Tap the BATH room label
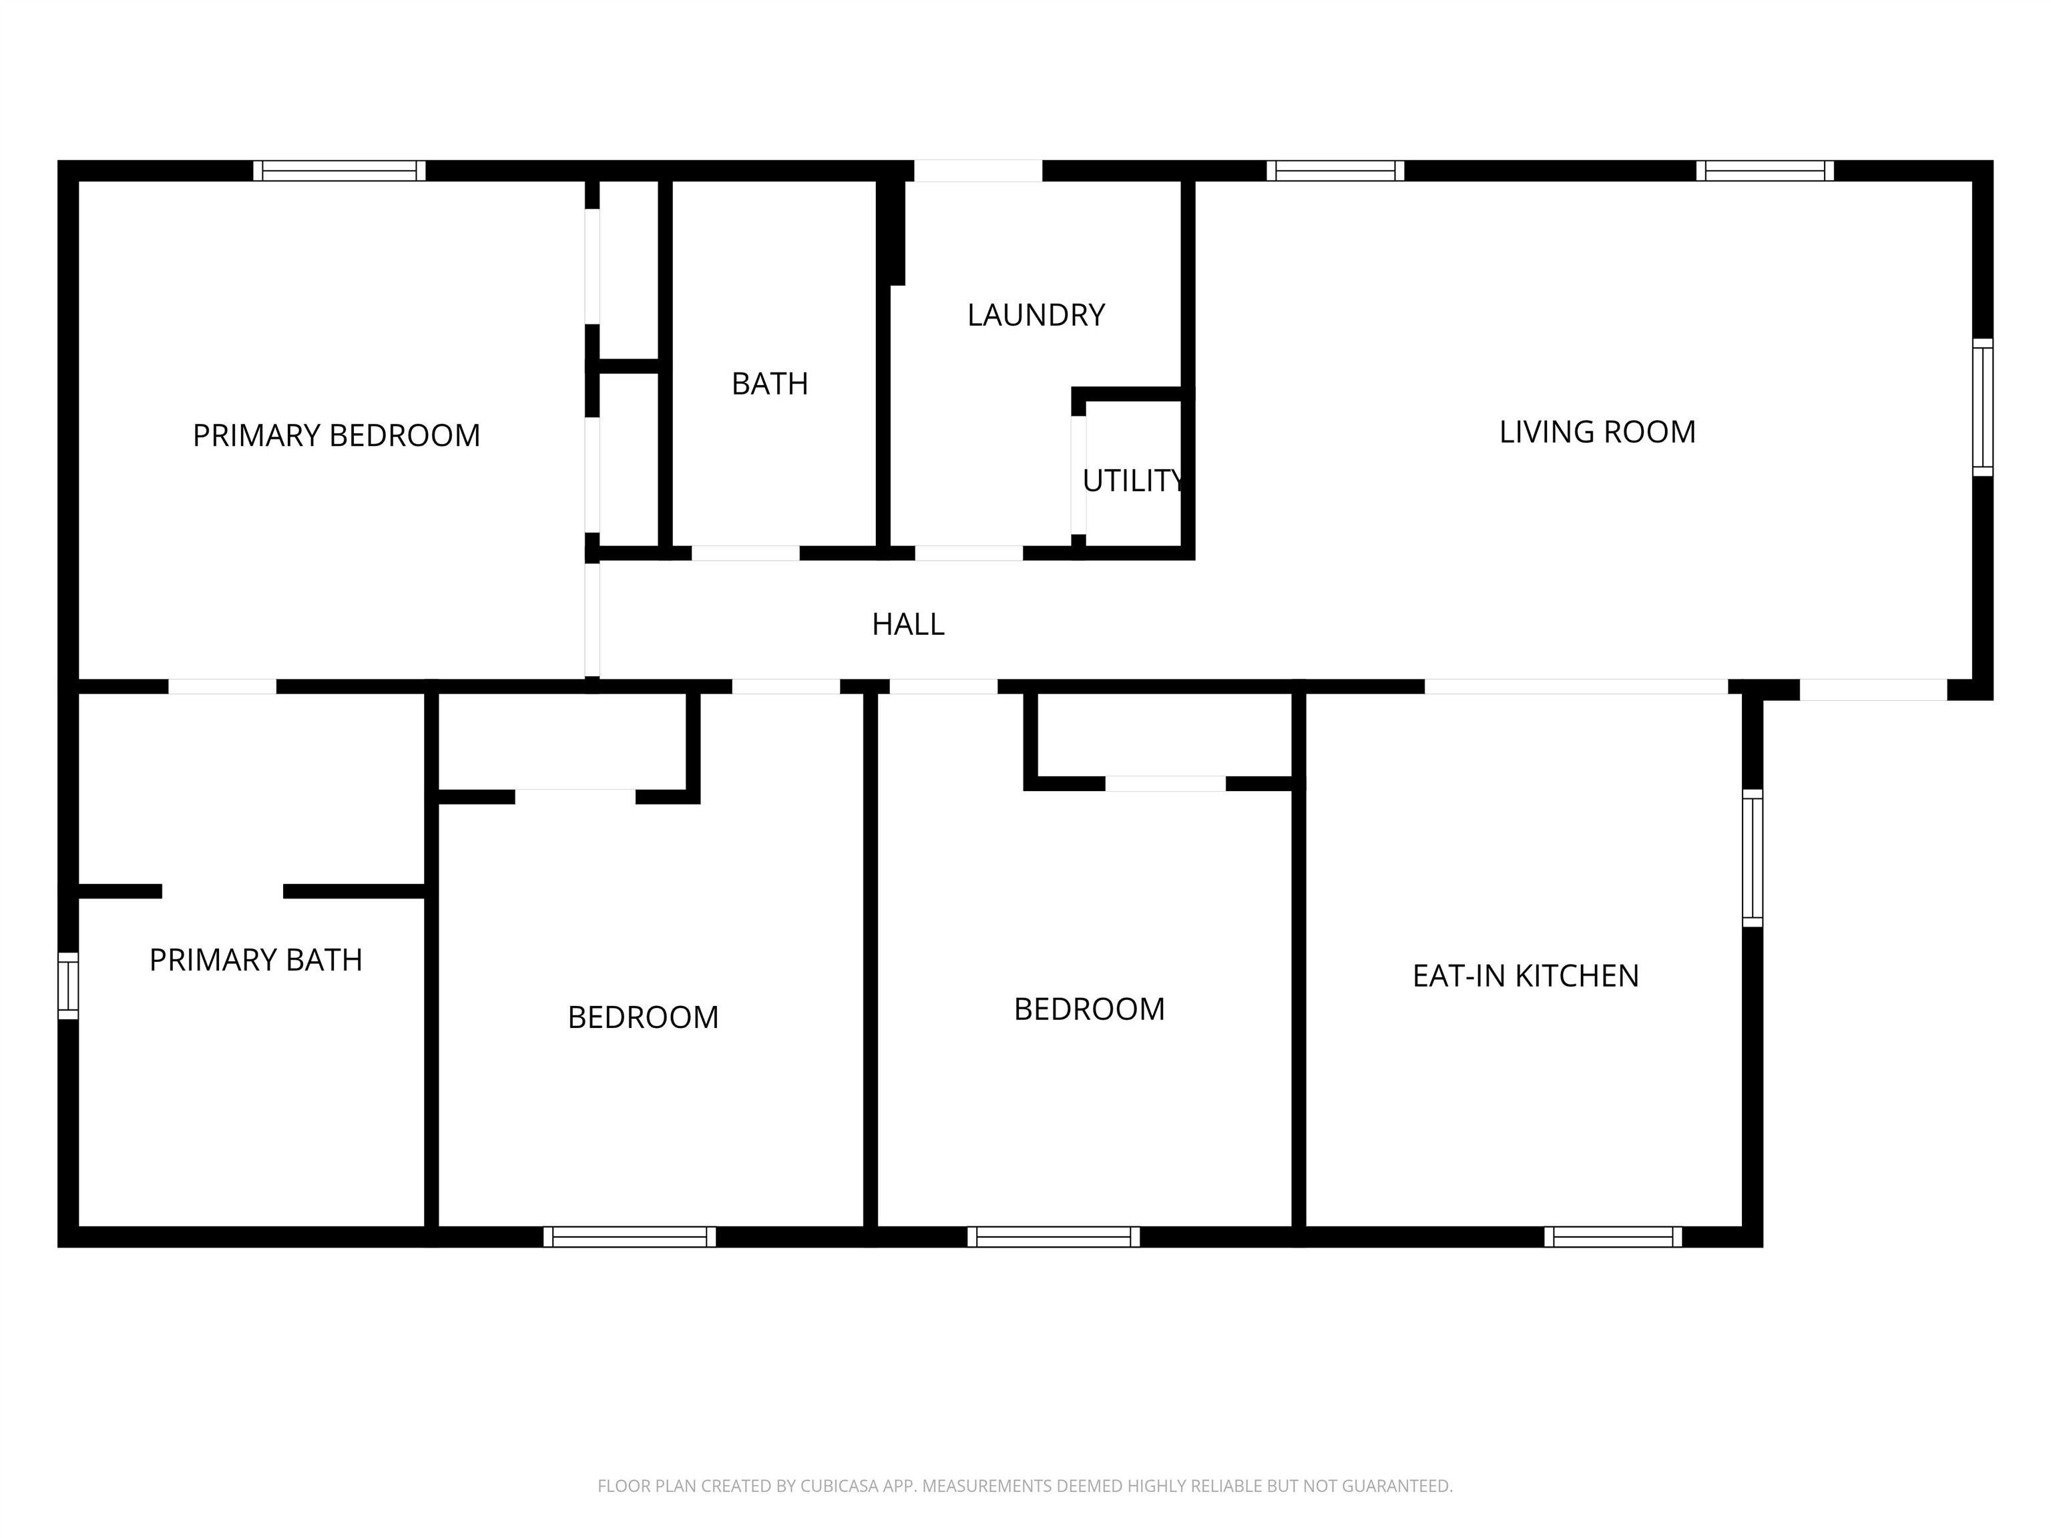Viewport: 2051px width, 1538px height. (770, 384)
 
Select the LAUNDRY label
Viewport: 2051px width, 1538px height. (1036, 315)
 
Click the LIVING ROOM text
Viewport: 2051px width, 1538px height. (1596, 432)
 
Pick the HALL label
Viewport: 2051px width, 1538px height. (908, 625)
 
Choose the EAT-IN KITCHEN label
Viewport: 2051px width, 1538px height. (1526, 975)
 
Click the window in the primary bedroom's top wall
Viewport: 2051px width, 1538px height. (339, 171)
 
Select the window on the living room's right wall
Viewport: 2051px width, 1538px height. (1982, 408)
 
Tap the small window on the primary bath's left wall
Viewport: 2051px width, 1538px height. (67, 985)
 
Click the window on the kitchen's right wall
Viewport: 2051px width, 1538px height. (1751, 858)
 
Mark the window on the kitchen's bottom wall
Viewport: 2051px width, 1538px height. (1612, 1237)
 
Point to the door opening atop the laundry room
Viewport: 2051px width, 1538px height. (978, 171)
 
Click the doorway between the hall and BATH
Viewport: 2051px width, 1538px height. (746, 553)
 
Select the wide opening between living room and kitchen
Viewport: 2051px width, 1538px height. (1576, 687)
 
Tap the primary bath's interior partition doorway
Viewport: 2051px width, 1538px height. (222, 891)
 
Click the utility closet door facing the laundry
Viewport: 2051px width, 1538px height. (1078, 475)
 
